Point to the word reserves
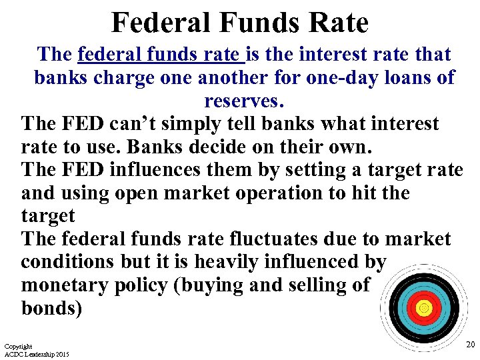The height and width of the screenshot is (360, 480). pos(243,101)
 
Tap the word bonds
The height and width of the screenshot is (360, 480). pos(51,309)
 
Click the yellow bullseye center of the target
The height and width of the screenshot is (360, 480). pos(422,308)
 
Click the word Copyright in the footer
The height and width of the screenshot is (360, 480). pos(18,347)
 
